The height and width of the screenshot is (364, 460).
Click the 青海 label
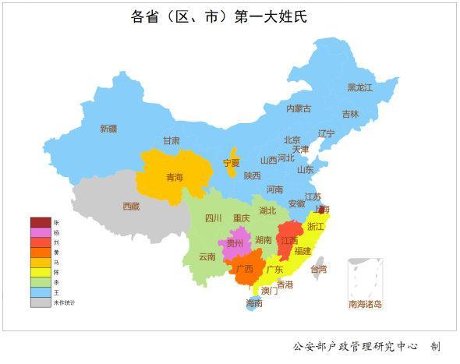[x=175, y=178]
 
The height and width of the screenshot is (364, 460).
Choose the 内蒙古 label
[x=298, y=108]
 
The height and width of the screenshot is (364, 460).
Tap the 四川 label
[x=213, y=218]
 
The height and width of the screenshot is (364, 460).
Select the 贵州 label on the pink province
[x=234, y=243]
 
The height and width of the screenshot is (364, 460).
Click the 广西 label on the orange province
[x=244, y=269]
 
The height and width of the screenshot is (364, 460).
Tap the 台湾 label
[x=319, y=269]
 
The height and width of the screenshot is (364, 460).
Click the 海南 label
[x=254, y=302]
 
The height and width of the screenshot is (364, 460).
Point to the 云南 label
[x=207, y=256]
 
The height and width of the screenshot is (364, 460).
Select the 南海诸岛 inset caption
[x=365, y=304]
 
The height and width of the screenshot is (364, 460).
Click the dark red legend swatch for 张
[x=41, y=223]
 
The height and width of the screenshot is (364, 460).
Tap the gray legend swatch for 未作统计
[x=41, y=302]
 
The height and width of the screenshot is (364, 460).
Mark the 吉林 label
[x=351, y=114]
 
